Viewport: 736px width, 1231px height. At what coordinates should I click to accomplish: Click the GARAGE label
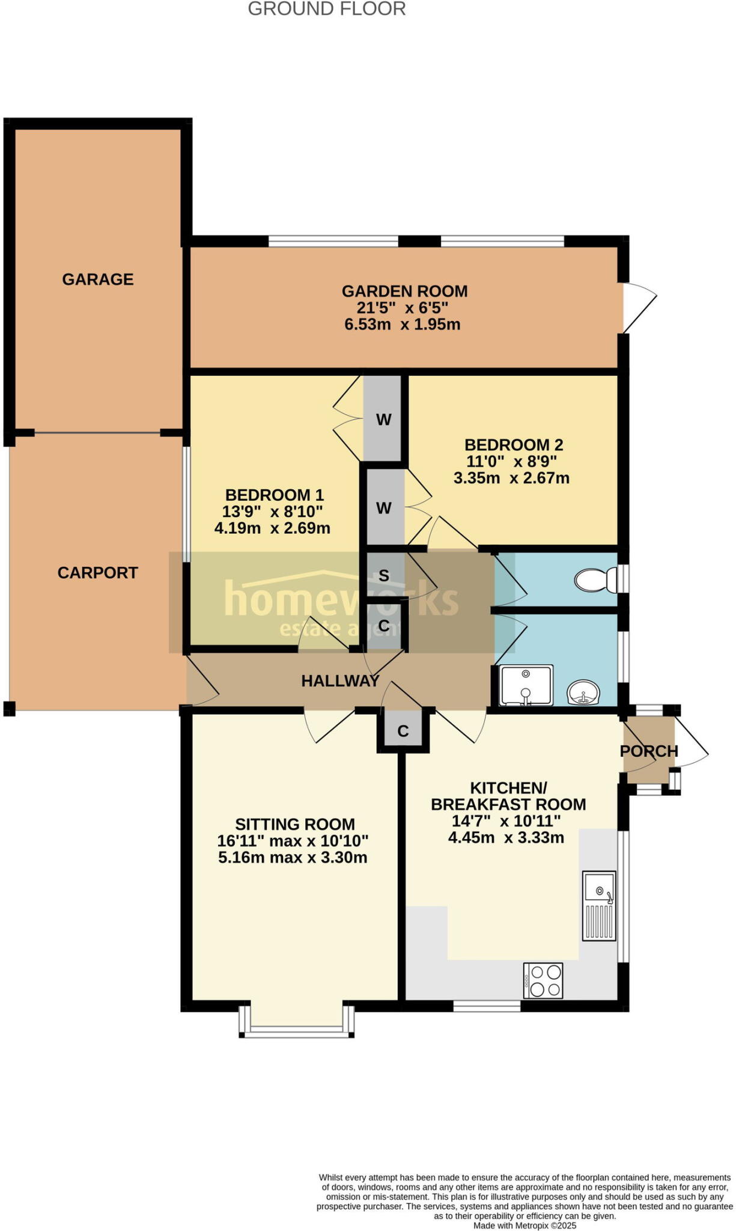tap(98, 279)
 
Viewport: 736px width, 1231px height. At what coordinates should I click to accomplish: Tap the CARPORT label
tap(98, 573)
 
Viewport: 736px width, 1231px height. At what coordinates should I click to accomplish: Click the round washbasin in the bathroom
tap(583, 692)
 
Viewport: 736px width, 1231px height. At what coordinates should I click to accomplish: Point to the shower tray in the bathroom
tap(526, 685)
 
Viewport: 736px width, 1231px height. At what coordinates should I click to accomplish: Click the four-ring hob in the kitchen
tap(543, 980)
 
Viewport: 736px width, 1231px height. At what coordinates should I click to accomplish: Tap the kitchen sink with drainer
tap(599, 906)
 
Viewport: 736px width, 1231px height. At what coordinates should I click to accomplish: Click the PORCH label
tap(649, 751)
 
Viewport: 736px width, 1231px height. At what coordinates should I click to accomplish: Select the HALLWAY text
tap(340, 680)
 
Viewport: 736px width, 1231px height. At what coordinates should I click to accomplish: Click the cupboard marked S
tap(384, 576)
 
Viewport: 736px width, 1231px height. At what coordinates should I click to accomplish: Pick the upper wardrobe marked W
tap(383, 419)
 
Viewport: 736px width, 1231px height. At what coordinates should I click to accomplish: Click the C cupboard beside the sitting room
tap(403, 731)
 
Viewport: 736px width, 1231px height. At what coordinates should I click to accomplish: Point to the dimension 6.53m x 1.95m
tap(402, 325)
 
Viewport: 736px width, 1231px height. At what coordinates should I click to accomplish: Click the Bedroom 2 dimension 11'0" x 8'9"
tap(511, 462)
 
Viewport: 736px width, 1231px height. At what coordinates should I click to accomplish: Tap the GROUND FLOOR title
tap(327, 9)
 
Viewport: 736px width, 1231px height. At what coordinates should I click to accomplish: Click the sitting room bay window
tap(296, 1031)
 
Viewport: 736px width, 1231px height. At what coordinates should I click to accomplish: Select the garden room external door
tap(638, 308)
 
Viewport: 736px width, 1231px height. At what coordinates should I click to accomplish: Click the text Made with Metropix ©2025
tap(525, 1225)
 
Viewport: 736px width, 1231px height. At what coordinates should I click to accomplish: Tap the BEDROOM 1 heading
tap(274, 495)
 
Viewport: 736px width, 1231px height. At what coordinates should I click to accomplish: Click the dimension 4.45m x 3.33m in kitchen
tap(506, 837)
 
